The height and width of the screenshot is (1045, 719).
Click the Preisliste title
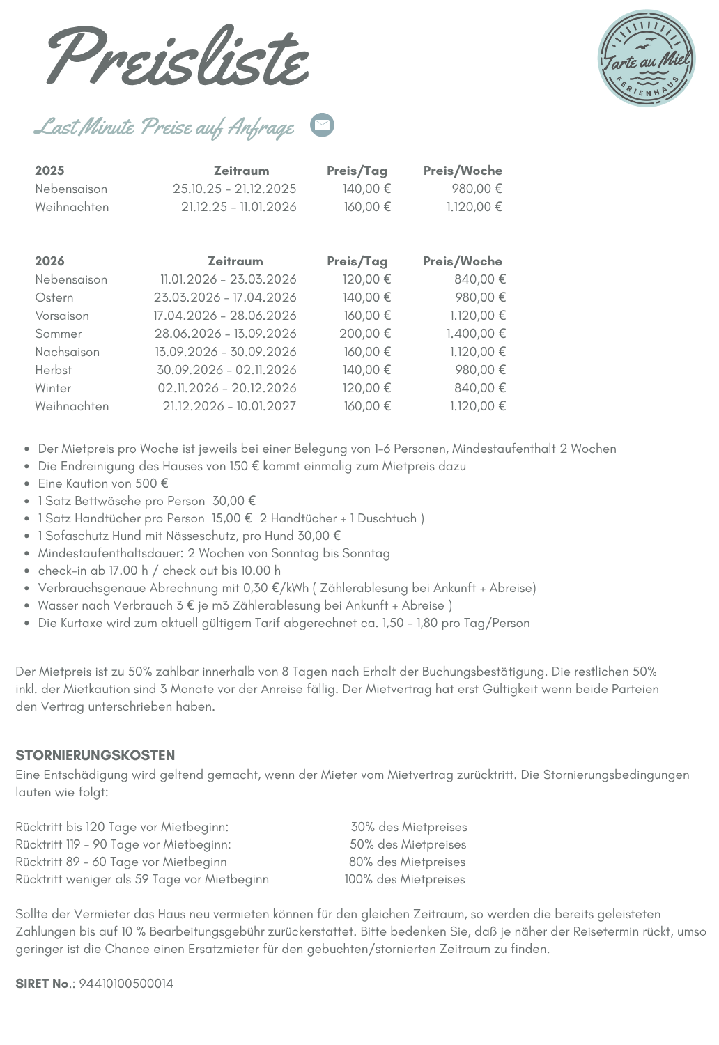[178, 57]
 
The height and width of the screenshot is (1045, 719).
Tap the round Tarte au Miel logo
[647, 59]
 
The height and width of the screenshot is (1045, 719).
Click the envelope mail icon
[322, 125]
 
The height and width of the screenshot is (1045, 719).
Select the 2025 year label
[49, 171]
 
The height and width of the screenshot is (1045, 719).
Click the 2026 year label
[49, 261]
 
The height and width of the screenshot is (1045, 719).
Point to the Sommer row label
[59, 334]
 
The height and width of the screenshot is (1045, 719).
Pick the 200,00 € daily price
[365, 334]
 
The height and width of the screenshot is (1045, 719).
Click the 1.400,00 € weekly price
[476, 334]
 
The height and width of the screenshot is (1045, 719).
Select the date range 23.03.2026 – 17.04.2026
[225, 297]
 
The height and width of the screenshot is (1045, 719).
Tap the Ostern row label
[54, 297]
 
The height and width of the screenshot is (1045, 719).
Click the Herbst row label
[54, 370]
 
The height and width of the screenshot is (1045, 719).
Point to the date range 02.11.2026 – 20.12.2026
[227, 388]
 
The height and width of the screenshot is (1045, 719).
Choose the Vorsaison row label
[62, 316]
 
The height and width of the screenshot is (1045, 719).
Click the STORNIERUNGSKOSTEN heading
[95, 755]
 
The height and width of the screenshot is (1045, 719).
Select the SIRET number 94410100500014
[126, 984]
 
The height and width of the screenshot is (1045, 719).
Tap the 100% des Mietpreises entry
[405, 879]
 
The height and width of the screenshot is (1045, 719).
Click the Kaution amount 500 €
[152, 483]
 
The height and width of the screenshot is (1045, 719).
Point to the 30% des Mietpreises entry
[409, 827]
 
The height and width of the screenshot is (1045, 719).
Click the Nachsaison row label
[68, 352]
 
